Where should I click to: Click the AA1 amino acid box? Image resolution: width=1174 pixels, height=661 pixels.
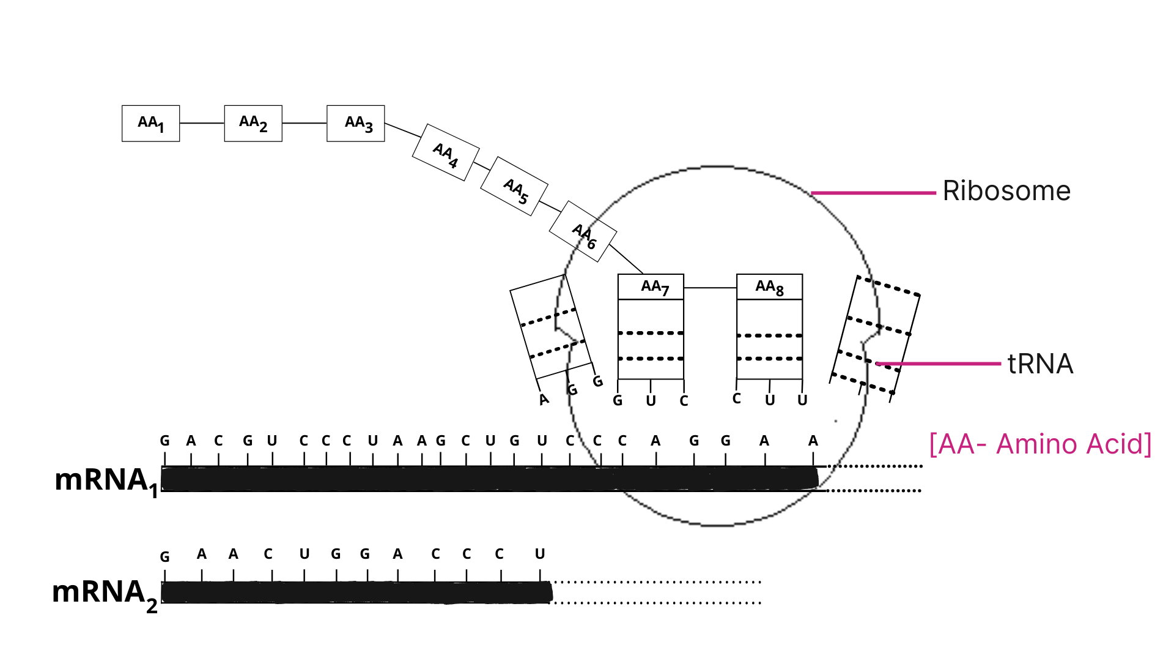150,123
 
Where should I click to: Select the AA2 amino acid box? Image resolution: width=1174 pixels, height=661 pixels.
253,123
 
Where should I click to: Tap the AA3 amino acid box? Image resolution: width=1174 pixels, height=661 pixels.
356,123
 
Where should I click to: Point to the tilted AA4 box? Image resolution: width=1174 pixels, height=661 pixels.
446,153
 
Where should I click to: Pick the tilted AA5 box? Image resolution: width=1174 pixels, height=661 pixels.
514,187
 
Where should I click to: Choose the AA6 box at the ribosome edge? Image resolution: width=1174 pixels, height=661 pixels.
583,232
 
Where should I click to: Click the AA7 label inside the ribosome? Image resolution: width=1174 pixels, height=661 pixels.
654,286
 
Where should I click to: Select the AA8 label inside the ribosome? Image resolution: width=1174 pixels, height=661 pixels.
769,286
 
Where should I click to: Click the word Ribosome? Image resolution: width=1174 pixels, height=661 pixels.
1006,191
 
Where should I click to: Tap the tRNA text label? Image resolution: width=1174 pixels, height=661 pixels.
1040,364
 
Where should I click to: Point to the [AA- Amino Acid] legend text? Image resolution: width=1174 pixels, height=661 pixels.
1040,444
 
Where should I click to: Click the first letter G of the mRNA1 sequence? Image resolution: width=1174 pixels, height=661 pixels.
164,441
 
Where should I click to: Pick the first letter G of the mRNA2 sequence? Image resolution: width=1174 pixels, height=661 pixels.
164,557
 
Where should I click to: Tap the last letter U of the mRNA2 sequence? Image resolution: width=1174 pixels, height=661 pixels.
540,554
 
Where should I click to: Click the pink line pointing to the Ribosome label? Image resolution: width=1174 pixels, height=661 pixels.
873,193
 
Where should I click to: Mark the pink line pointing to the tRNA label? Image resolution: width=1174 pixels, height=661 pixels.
939,364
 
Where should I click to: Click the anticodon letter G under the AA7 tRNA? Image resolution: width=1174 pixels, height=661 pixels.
618,400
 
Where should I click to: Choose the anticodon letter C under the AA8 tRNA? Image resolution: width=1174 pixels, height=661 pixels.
737,399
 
